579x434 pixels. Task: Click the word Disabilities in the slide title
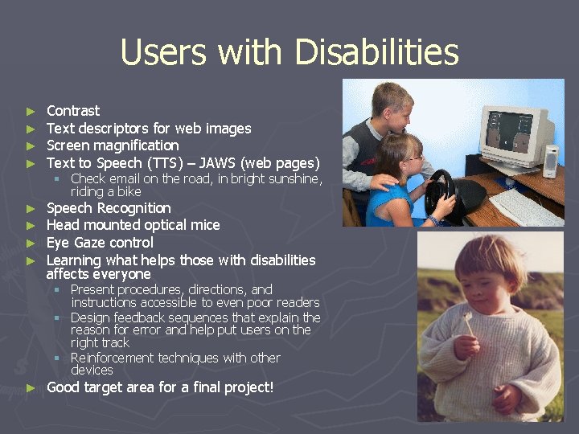(x=376, y=53)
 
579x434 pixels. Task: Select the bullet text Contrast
(x=73, y=111)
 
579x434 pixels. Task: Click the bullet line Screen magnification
(x=113, y=145)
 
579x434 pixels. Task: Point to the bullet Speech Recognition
(x=109, y=208)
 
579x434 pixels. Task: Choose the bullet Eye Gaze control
(x=100, y=243)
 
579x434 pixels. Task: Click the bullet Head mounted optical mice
(x=133, y=225)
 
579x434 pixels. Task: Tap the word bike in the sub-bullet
(x=129, y=191)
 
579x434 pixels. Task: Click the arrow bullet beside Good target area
(x=31, y=388)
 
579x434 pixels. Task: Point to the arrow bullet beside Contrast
(x=31, y=112)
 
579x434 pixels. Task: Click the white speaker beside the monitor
(x=551, y=161)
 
